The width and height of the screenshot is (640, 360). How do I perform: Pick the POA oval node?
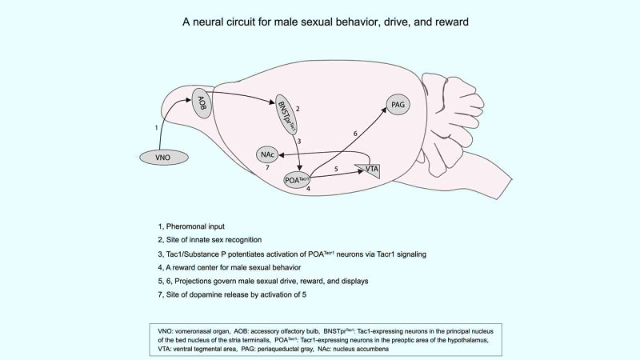297,179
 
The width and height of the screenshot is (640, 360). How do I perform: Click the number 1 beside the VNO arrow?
156,127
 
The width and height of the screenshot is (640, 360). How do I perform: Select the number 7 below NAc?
268,169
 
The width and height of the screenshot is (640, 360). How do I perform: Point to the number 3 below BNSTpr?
298,141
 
